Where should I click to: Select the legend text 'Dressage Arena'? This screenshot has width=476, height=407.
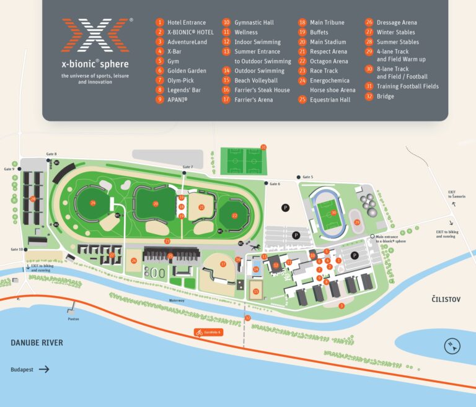(x=397, y=22)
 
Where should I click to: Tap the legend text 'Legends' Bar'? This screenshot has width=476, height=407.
(x=185, y=90)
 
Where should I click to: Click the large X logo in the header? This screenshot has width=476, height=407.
(x=96, y=35)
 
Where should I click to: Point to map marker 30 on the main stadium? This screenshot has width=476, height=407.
(x=333, y=213)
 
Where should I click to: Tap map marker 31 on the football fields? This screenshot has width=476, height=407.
(x=263, y=147)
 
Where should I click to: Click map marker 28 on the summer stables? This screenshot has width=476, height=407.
(x=33, y=199)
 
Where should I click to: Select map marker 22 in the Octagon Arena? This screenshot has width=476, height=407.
(x=234, y=215)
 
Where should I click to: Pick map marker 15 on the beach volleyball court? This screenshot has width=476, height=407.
(x=256, y=291)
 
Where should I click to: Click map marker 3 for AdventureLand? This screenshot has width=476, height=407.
(x=342, y=305)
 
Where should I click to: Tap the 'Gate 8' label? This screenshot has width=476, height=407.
(x=51, y=154)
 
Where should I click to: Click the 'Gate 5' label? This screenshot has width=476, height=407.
(x=307, y=177)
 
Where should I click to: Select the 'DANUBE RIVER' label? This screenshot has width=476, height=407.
(x=37, y=343)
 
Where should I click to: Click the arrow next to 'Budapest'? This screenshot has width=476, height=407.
(x=44, y=369)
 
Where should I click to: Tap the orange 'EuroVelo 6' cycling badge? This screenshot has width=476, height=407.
(x=208, y=333)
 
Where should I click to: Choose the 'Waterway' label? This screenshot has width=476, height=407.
(x=177, y=300)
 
